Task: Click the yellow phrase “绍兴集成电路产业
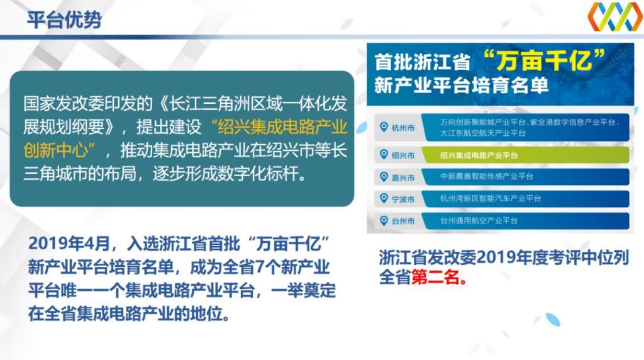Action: (279, 127)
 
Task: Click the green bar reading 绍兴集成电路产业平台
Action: (479, 155)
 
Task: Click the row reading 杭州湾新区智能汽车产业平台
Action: (490, 199)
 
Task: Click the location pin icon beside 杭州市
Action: (383, 128)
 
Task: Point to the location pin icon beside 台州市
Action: (383, 220)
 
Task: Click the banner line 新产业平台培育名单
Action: (461, 86)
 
